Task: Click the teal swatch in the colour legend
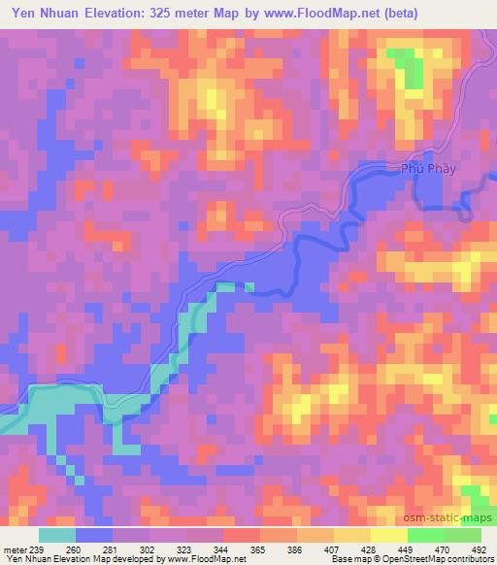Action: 57,535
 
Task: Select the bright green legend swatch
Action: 426,535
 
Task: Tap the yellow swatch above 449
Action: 389,535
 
